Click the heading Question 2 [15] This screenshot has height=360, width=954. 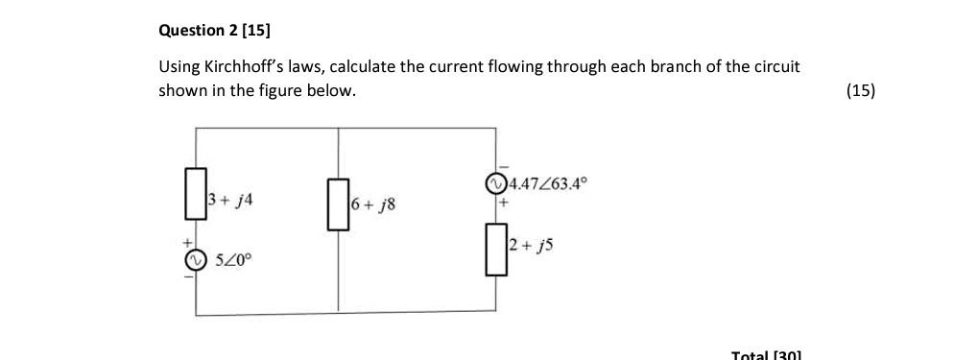pyautogui.click(x=214, y=30)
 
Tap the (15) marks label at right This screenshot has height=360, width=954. pyautogui.click(x=860, y=91)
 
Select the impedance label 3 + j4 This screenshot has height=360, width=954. pyautogui.click(x=230, y=201)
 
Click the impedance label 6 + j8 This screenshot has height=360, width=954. pyautogui.click(x=373, y=204)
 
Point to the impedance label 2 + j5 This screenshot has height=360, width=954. pyautogui.click(x=531, y=246)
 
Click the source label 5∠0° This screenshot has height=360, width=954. pyautogui.click(x=232, y=260)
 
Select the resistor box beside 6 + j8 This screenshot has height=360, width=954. pyautogui.click(x=338, y=204)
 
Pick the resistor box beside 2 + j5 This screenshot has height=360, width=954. pyautogui.click(x=496, y=248)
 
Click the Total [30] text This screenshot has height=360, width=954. pyautogui.click(x=765, y=354)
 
